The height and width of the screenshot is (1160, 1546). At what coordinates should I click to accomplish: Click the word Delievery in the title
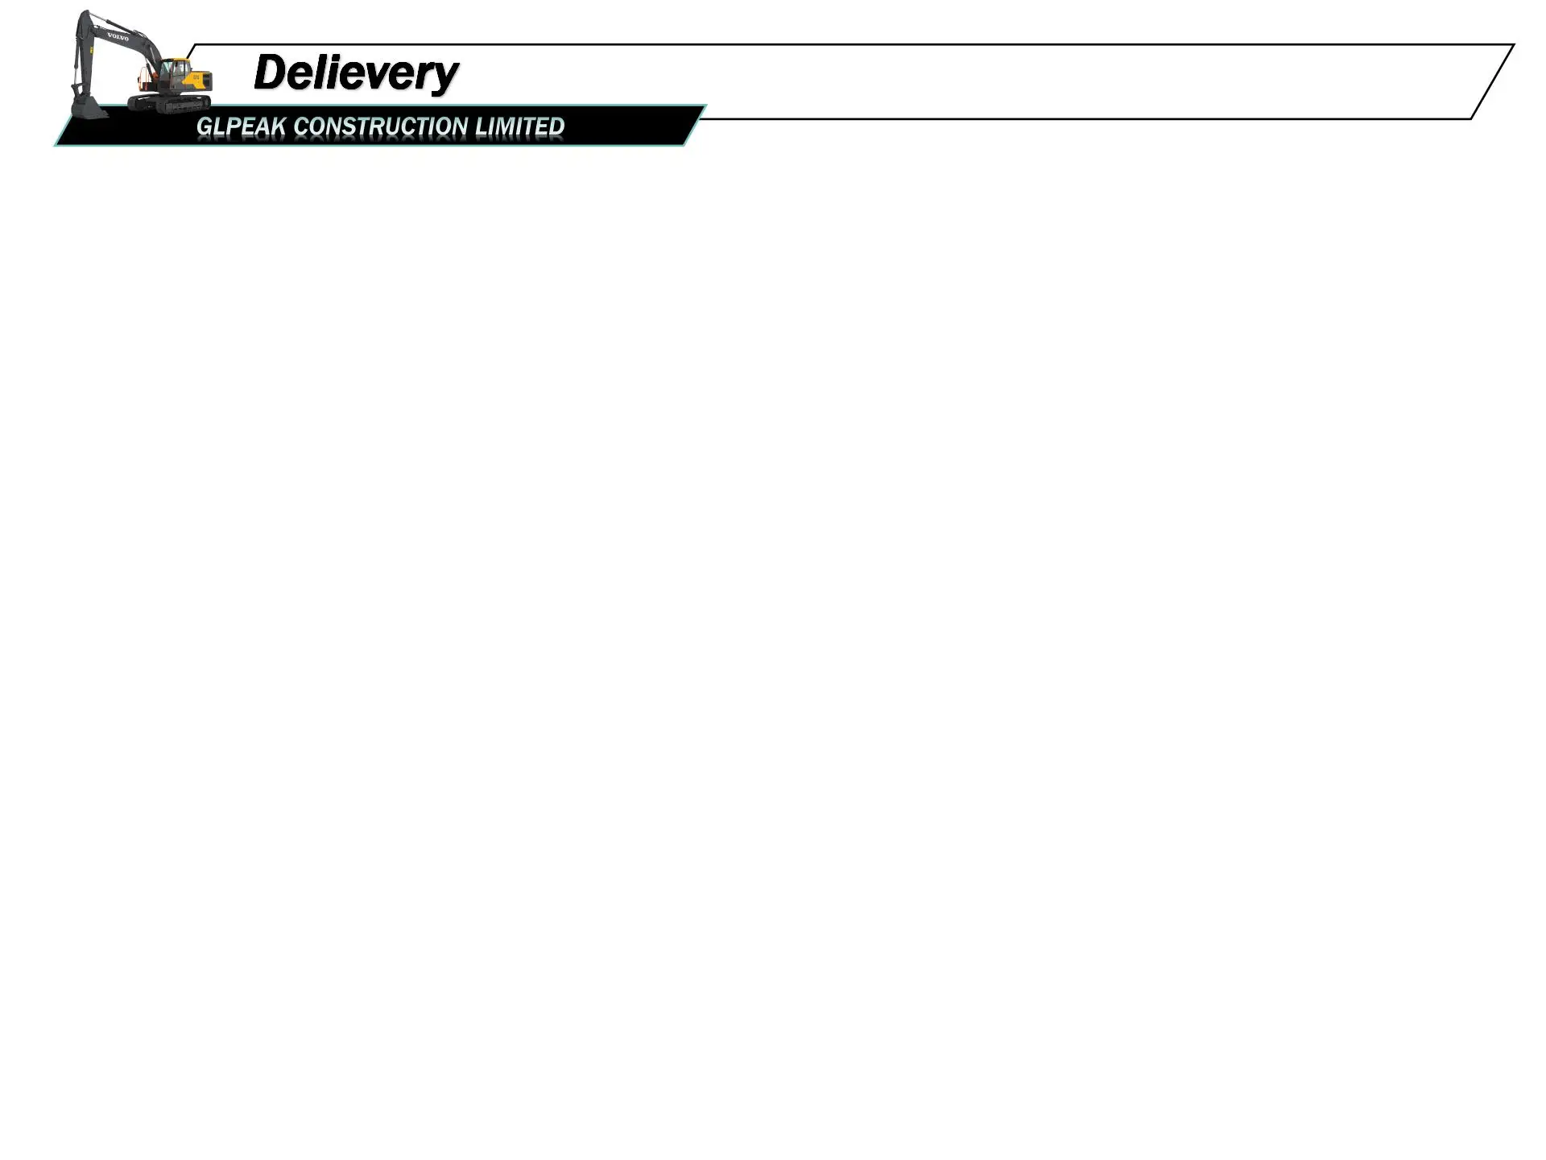[356, 72]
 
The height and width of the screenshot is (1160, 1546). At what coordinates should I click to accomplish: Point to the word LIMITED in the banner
[519, 126]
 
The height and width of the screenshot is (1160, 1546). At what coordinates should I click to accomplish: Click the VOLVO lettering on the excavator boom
[118, 37]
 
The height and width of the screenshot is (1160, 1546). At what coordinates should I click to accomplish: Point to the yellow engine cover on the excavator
[198, 81]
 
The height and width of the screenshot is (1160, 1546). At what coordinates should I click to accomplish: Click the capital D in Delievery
[271, 72]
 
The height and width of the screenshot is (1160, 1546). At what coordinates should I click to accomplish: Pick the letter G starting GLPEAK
[205, 126]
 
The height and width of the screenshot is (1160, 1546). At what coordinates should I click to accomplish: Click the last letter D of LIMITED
[556, 126]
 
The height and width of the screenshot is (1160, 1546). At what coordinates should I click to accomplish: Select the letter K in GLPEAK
[277, 126]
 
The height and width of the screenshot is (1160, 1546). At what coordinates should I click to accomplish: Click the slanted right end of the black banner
[694, 126]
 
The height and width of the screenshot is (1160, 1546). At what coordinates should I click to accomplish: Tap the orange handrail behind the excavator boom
[145, 76]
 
